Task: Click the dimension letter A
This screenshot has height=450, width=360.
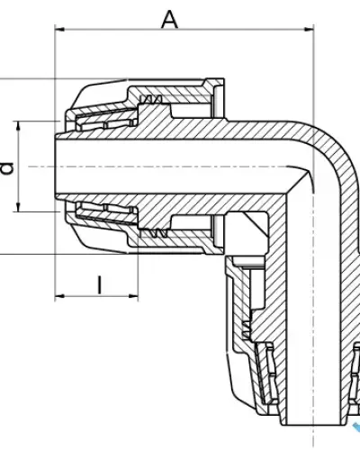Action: pyautogui.click(x=169, y=20)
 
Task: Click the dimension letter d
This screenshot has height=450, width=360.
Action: pyautogui.click(x=7, y=168)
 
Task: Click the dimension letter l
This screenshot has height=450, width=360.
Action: pyautogui.click(x=100, y=284)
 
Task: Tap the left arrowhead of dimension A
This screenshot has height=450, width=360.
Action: pyautogui.click(x=59, y=30)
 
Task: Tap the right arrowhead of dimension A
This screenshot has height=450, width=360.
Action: pyautogui.click(x=309, y=30)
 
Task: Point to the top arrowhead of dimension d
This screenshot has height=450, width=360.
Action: pyautogui.click(x=19, y=126)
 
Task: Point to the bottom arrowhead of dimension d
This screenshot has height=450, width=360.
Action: pyautogui.click(x=19, y=207)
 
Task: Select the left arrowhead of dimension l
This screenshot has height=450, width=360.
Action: pyautogui.click(x=59, y=296)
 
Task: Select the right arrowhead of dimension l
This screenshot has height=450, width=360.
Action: pyautogui.click(x=133, y=296)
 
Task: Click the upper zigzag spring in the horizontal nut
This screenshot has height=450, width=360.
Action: pyautogui.click(x=151, y=100)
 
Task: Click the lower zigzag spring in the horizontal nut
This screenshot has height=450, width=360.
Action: pyautogui.click(x=154, y=233)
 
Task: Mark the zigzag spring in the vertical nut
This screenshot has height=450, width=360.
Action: pyautogui.click(x=246, y=330)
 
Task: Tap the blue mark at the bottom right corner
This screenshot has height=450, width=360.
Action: pyautogui.click(x=356, y=427)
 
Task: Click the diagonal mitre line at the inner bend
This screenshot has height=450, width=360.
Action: pyautogui.click(x=298, y=183)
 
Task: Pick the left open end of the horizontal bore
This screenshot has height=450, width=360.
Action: pyautogui.click(x=55, y=166)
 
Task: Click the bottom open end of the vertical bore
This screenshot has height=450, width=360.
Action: pyautogui.click(x=314, y=425)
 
